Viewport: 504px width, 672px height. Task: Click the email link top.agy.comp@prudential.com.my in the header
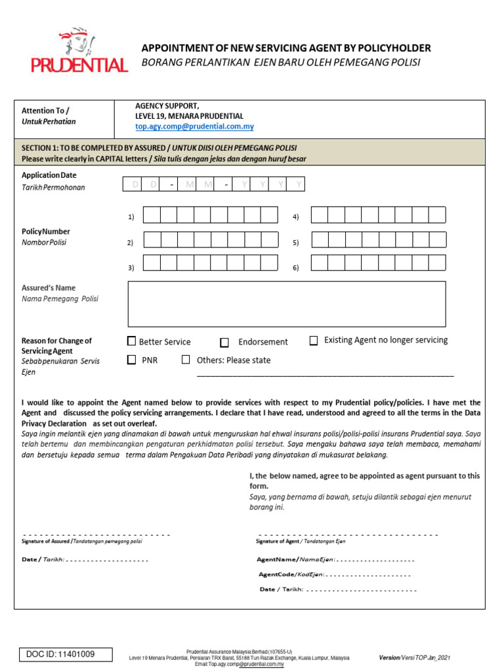194,127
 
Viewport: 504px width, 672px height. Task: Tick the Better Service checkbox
131,341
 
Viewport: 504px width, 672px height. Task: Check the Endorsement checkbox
224,342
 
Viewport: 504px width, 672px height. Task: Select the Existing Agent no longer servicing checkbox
314,341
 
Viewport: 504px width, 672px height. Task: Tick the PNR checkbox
131,360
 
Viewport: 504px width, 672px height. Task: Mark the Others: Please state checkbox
186,360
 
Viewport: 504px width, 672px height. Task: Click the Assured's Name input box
286,304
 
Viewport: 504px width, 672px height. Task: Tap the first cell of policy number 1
152,215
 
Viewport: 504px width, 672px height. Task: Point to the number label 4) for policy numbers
296,217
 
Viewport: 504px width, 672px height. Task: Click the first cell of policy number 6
320,263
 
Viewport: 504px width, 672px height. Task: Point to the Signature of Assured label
81,541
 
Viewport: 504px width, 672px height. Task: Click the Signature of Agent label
301,541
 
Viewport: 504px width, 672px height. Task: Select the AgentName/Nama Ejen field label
296,560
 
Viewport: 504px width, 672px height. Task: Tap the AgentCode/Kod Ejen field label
291,574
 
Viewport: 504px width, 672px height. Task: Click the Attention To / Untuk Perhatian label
49,116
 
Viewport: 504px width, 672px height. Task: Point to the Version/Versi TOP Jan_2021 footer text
414,657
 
